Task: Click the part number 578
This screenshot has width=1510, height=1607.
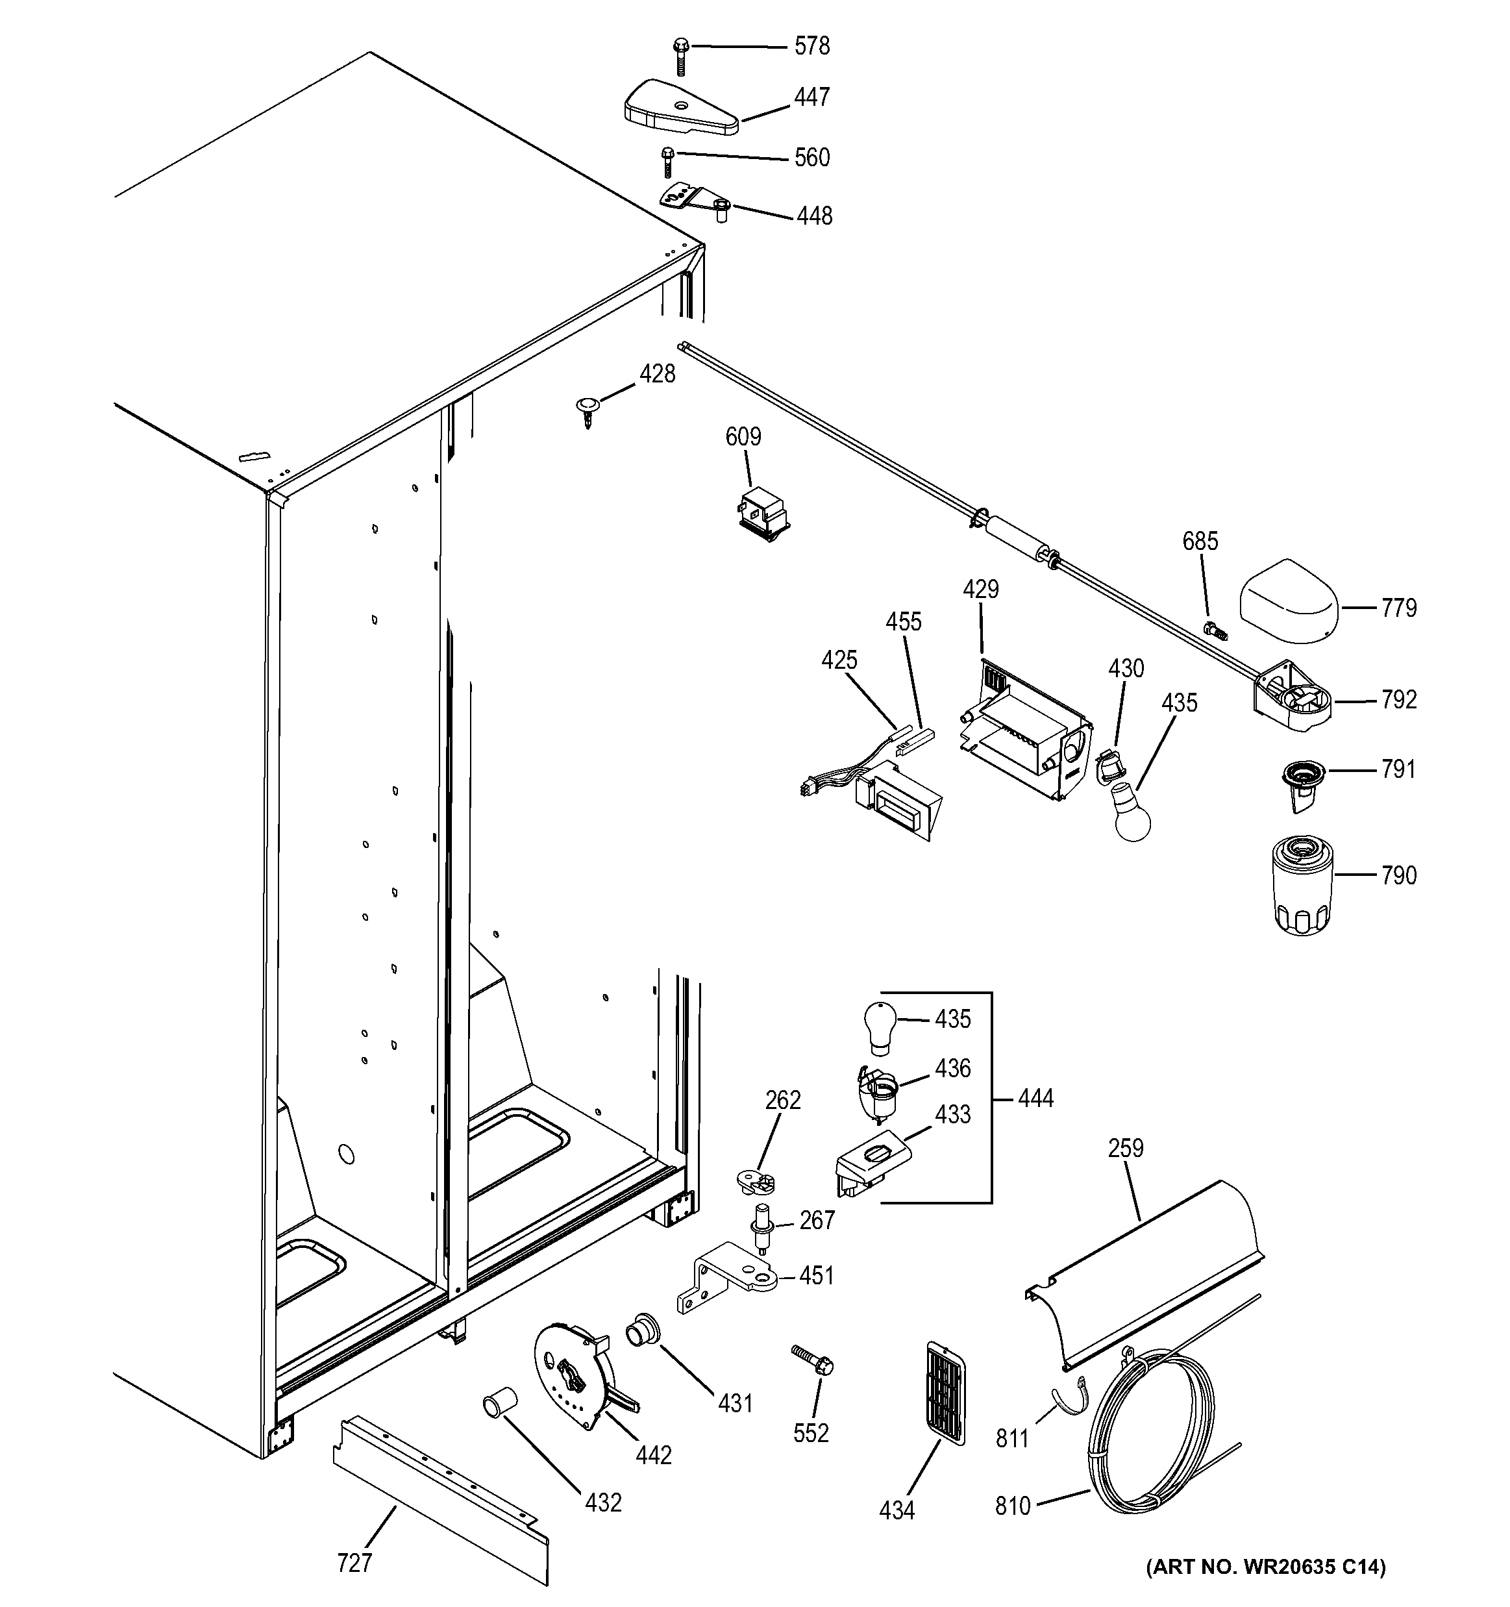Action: (x=811, y=47)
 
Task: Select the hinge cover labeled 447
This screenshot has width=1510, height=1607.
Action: (x=680, y=109)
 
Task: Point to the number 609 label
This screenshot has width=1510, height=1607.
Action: (x=743, y=438)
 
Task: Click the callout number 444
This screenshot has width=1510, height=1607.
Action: (x=1035, y=1099)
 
